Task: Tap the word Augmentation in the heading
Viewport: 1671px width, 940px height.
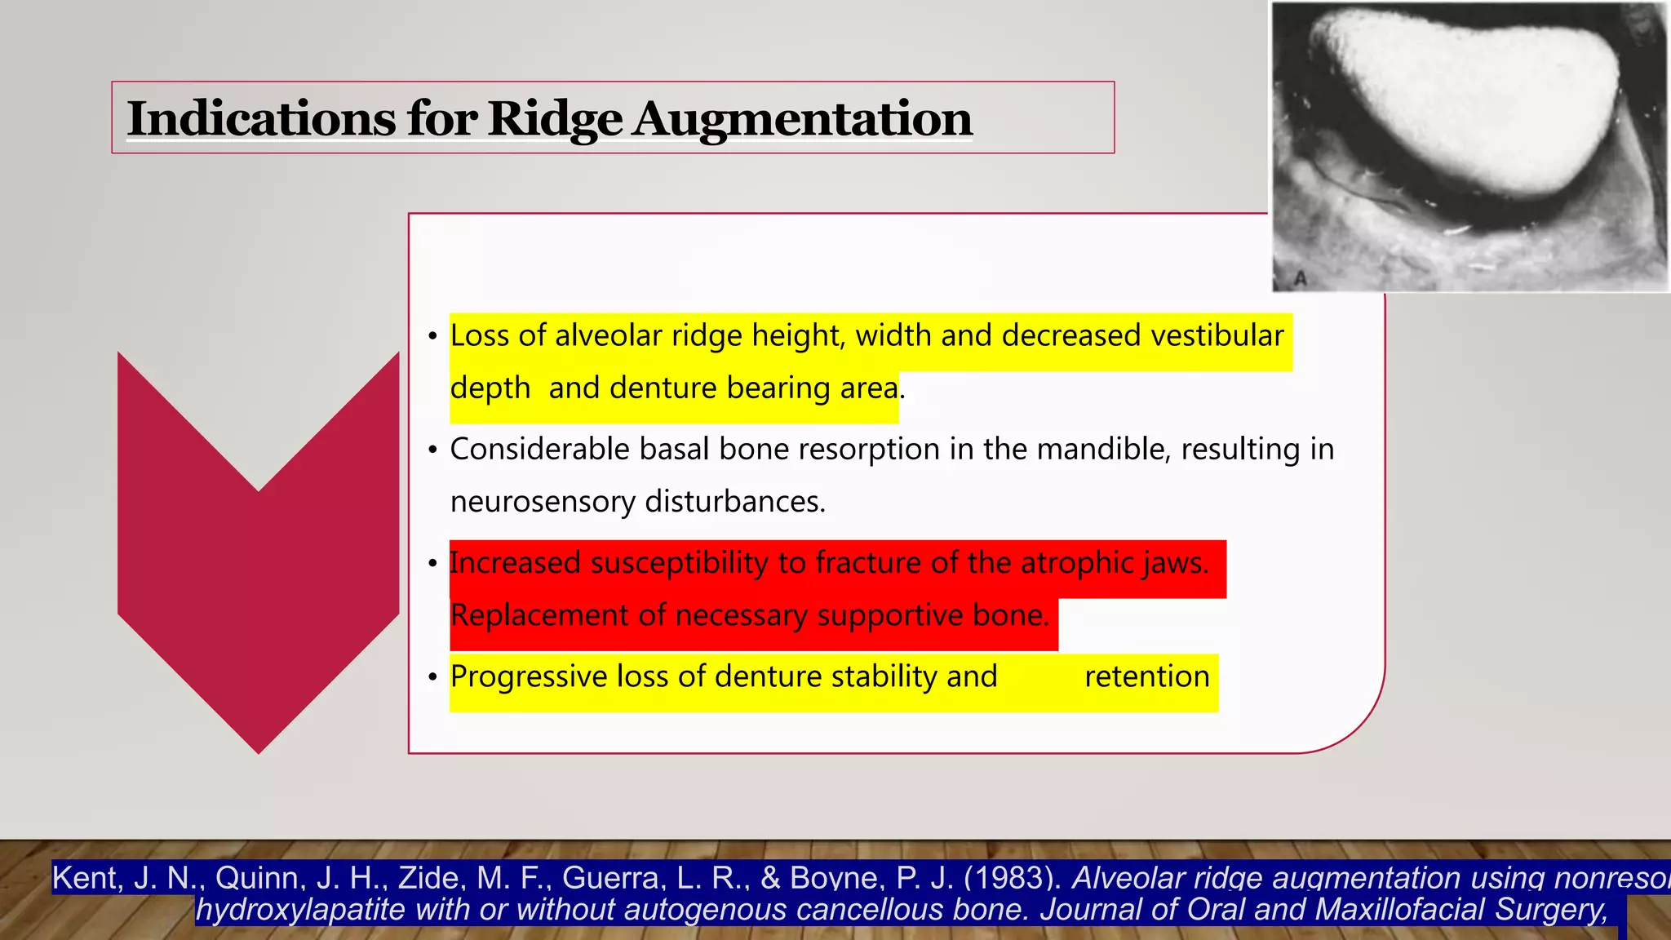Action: (x=802, y=119)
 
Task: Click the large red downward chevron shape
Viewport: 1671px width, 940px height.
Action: (x=258, y=571)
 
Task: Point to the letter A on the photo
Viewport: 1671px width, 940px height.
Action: (x=1301, y=278)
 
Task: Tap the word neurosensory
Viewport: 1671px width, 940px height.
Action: (x=542, y=501)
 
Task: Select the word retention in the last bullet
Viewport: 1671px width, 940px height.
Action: (x=1146, y=676)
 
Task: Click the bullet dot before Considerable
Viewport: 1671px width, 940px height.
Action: (x=433, y=450)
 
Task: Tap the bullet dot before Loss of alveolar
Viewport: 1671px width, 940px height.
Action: (x=433, y=337)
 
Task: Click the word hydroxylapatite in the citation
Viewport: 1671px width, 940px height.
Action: (x=300, y=909)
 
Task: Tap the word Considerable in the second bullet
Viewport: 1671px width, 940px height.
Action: (x=539, y=449)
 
